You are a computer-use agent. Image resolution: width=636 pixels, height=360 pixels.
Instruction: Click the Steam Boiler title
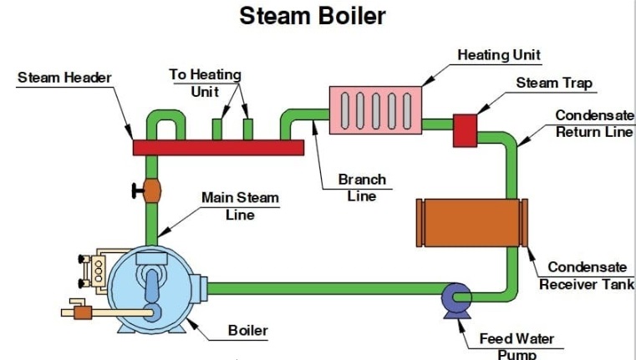click(313, 15)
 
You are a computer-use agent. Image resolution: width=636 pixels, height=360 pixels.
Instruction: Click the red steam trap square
click(465, 129)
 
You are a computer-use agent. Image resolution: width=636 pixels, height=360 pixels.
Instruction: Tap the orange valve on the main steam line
click(151, 190)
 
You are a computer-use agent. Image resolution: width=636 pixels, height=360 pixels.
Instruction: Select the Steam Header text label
click(64, 78)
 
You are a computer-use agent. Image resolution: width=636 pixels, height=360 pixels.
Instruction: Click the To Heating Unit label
click(205, 83)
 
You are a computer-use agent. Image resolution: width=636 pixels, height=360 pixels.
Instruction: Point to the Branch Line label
click(362, 188)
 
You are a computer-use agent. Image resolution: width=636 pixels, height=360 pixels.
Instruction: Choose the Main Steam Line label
click(240, 205)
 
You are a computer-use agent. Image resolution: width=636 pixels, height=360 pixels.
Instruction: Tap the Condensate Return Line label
click(595, 124)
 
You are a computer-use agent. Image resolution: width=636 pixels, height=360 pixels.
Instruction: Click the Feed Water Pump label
click(516, 347)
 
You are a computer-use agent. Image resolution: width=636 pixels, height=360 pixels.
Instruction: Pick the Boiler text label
click(248, 330)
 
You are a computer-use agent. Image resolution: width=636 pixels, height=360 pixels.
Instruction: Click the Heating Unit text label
click(499, 55)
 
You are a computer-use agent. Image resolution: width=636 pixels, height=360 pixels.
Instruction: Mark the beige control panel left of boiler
click(99, 268)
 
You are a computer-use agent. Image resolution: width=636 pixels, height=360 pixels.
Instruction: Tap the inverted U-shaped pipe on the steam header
click(163, 121)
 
